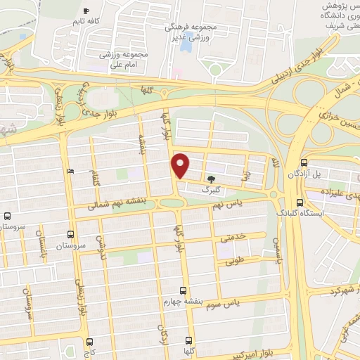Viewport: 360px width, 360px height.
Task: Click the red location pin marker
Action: (181, 165)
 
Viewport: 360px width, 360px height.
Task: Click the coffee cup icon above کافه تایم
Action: (86, 11)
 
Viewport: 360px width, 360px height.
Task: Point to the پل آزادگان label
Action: (326, 173)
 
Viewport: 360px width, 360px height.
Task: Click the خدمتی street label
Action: (235, 238)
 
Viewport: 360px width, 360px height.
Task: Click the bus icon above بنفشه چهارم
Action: (184, 290)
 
